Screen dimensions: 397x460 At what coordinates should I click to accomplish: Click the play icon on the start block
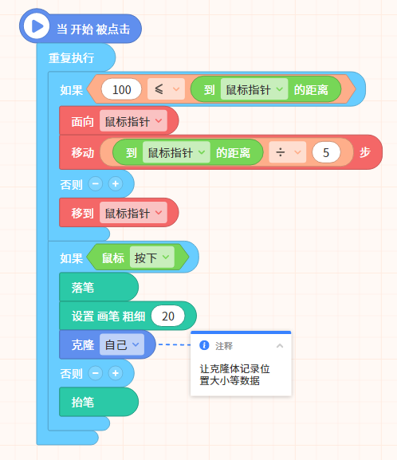[37, 26]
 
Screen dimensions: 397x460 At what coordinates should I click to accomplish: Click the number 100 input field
[121, 89]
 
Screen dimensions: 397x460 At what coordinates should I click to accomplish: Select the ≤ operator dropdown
[166, 89]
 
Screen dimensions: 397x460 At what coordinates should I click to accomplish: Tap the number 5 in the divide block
[326, 152]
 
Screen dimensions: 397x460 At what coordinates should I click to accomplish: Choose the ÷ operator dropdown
[288, 152]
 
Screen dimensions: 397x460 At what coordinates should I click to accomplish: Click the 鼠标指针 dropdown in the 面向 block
[133, 121]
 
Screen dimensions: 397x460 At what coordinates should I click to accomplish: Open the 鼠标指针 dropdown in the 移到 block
[133, 213]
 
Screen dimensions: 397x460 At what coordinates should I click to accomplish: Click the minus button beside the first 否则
[96, 184]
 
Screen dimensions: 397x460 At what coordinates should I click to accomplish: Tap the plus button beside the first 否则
[116, 184]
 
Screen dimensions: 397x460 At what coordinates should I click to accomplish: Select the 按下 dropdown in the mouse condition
[152, 258]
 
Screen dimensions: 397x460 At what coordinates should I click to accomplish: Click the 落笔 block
[99, 287]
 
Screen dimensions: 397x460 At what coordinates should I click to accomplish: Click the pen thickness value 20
[168, 316]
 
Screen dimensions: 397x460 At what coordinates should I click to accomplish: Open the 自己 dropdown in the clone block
[122, 344]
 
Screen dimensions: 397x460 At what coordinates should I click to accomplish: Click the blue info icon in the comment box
[204, 345]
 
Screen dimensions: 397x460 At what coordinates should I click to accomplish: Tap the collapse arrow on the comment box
[280, 345]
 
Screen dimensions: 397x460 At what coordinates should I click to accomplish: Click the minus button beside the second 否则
[96, 373]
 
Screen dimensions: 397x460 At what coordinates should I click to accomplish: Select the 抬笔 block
[99, 402]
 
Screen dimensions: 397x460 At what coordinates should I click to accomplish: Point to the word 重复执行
[71, 58]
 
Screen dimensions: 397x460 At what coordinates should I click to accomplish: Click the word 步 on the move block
[365, 152]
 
